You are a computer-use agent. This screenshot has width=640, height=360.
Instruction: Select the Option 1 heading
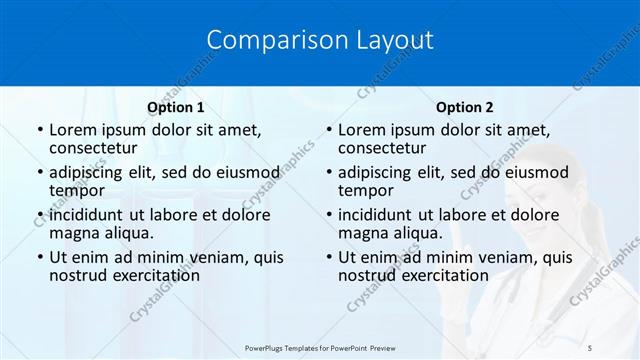coord(176,107)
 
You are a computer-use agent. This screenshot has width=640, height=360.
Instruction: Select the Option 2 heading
coord(465,107)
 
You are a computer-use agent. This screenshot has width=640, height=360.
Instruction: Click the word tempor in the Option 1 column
coord(77,190)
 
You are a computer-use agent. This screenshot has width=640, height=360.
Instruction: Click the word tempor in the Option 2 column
coord(366,190)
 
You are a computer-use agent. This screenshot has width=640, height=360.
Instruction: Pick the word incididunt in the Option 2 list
coord(383,214)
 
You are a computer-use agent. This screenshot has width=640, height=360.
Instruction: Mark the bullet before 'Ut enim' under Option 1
coord(39,257)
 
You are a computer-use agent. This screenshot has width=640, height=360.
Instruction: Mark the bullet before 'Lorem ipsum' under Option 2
coord(328,130)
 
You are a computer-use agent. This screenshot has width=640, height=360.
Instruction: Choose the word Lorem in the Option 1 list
coord(73,130)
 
